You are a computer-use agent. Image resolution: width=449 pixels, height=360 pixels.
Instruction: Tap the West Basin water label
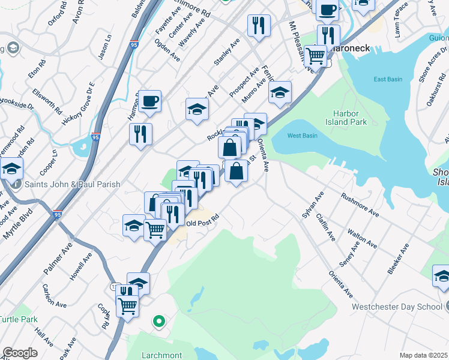click(302, 136)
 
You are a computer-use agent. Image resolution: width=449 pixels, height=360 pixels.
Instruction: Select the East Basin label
click(387, 79)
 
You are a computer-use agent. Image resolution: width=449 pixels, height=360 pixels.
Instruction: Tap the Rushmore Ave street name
click(360, 204)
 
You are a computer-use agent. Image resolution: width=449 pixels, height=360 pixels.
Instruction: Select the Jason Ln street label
click(105, 46)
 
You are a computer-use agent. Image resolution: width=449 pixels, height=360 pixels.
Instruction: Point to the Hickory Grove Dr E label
click(77, 104)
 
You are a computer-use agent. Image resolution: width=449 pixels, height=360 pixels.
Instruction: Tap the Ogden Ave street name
click(167, 50)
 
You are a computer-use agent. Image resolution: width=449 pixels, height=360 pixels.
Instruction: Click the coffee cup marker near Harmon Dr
click(150, 100)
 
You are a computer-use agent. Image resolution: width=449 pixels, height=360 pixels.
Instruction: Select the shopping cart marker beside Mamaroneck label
click(315, 56)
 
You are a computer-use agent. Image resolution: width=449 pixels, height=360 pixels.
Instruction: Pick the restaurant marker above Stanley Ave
click(259, 25)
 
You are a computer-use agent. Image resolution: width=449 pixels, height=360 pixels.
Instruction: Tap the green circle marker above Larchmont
click(159, 321)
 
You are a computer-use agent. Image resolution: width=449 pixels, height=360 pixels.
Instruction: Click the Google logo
click(20, 353)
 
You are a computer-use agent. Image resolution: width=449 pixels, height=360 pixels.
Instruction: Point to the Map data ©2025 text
click(423, 355)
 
